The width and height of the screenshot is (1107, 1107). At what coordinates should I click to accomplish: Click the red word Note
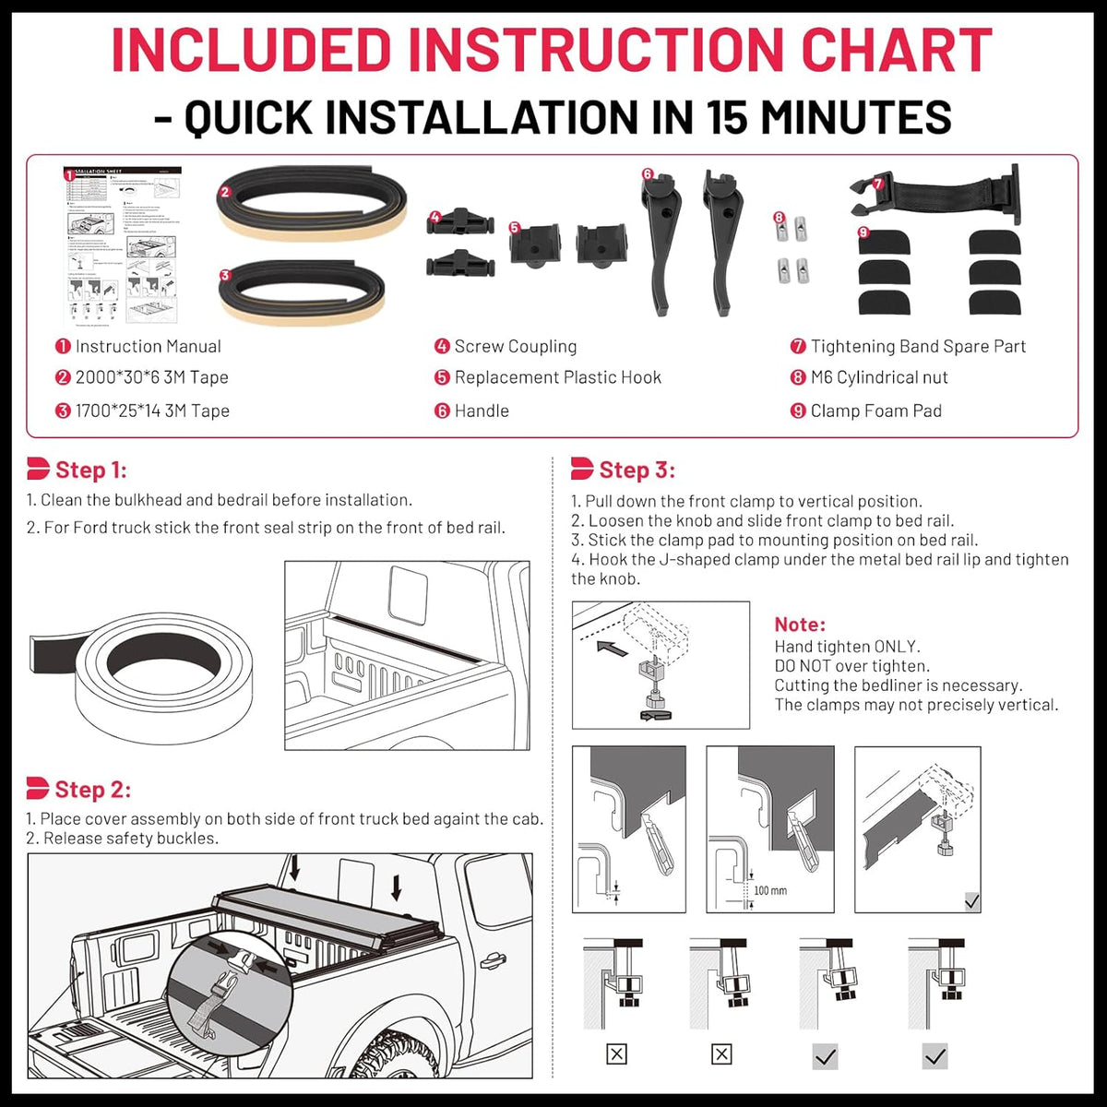pyautogui.click(x=800, y=625)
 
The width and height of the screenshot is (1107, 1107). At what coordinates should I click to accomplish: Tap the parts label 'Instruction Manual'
pyautogui.click(x=148, y=347)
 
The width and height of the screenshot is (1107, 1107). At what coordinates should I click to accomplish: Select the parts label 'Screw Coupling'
pyautogui.click(x=515, y=347)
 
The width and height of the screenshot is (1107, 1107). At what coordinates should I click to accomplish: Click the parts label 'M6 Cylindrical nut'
pyautogui.click(x=878, y=377)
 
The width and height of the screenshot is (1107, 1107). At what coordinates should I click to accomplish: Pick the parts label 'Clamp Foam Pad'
pyautogui.click(x=875, y=411)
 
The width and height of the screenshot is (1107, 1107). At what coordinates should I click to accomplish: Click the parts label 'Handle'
pyautogui.click(x=481, y=411)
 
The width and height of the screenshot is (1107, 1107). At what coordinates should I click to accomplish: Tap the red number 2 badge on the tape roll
pyautogui.click(x=225, y=193)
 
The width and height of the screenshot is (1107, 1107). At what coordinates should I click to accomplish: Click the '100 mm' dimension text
pyautogui.click(x=770, y=890)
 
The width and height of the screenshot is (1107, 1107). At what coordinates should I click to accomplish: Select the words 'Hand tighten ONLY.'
pyautogui.click(x=847, y=647)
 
